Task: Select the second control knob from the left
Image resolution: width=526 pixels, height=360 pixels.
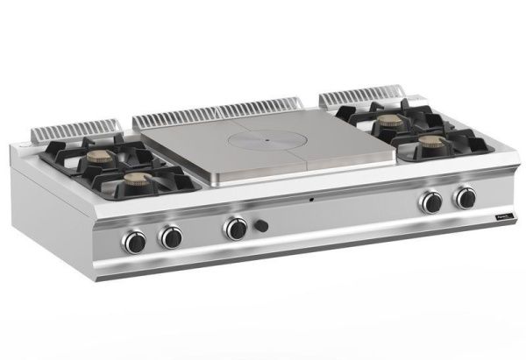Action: tap(171, 236)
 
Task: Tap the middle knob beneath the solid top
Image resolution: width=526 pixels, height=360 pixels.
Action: tap(235, 229)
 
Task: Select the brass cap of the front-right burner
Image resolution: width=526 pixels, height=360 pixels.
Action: tap(428, 139)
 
